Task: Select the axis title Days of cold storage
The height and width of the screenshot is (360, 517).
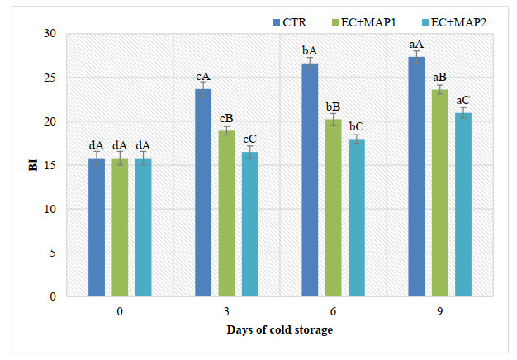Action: [x=280, y=331]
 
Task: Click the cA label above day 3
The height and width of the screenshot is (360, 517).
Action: [x=203, y=77]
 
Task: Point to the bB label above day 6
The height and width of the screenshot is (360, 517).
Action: [x=333, y=107]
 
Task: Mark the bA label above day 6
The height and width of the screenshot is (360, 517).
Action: [x=310, y=50]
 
